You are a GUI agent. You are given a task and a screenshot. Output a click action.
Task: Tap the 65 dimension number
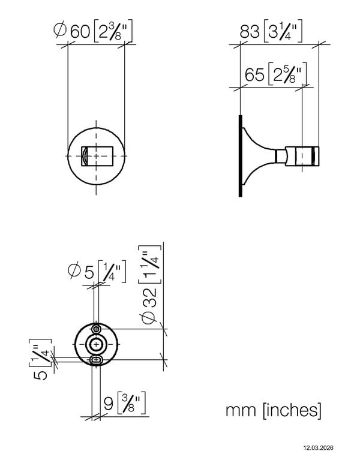tap(256, 75)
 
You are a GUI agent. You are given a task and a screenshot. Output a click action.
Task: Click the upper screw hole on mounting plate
tap(96, 329)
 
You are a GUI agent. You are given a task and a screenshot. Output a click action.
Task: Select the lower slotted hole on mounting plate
tap(96, 359)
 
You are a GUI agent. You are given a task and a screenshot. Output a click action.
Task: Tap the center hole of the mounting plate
tap(96, 344)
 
